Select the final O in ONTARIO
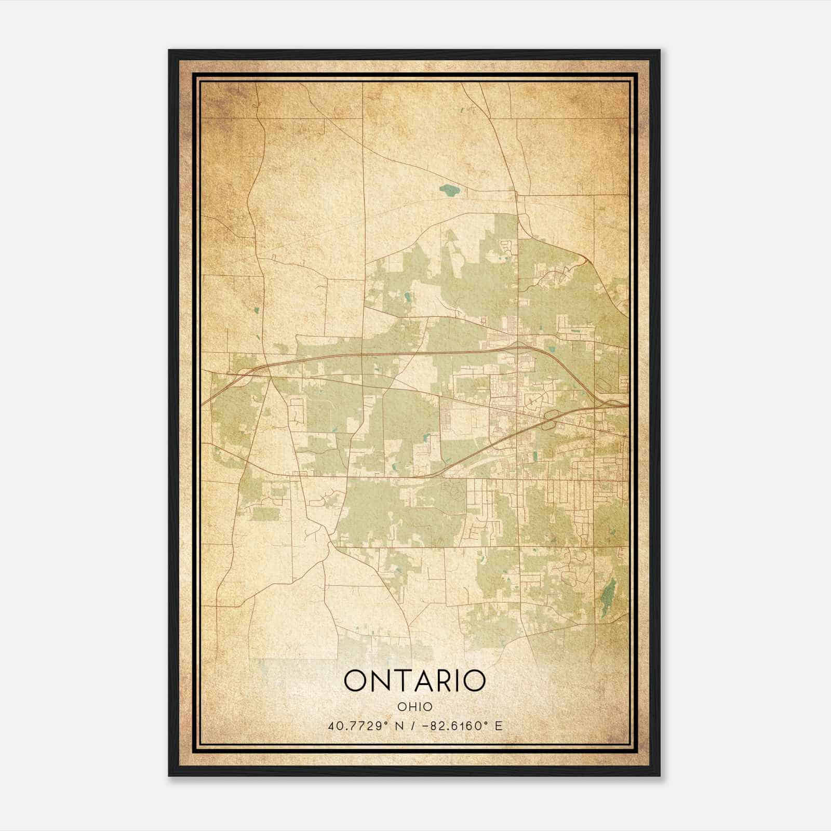coord(474,681)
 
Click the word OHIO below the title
coord(414,706)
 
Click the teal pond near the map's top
coord(449,191)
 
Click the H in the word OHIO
coord(410,706)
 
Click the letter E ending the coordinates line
coord(499,726)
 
